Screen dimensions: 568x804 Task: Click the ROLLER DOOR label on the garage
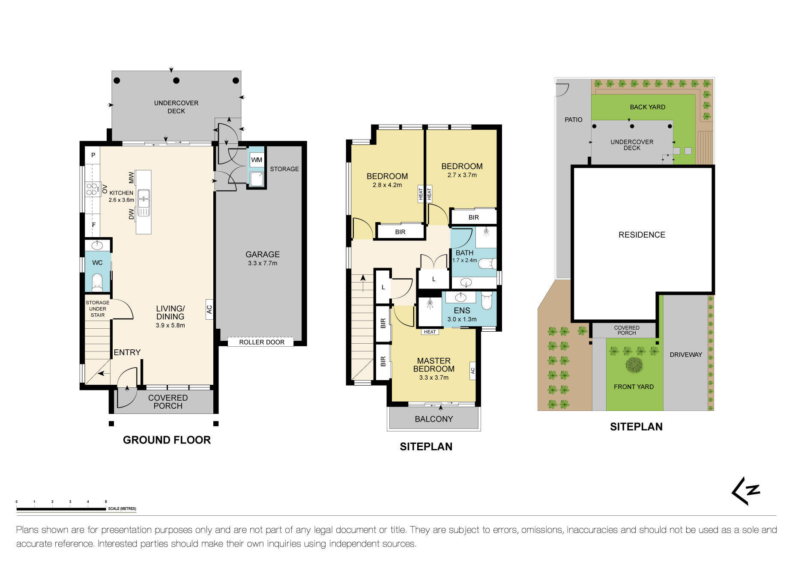pyautogui.click(x=261, y=342)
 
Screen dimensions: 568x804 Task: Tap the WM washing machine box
pyautogui.click(x=257, y=160)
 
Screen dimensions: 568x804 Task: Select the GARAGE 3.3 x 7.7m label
pyautogui.click(x=262, y=258)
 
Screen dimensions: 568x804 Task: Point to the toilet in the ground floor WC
pyautogui.click(x=97, y=282)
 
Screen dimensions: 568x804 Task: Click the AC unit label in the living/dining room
pyautogui.click(x=209, y=309)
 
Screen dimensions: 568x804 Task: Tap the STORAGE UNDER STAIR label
pyautogui.click(x=98, y=309)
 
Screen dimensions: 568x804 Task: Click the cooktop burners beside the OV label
pyautogui.click(x=92, y=189)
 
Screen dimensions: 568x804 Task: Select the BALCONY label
pyautogui.click(x=433, y=419)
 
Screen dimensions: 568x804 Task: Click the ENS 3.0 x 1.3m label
pyautogui.click(x=462, y=314)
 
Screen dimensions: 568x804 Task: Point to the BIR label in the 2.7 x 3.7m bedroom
pyautogui.click(x=473, y=217)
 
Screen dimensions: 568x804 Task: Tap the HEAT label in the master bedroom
pyautogui.click(x=430, y=332)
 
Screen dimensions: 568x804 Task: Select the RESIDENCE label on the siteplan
pyautogui.click(x=642, y=235)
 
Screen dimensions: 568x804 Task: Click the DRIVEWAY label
pyautogui.click(x=686, y=354)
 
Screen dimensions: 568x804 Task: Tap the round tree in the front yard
pyautogui.click(x=634, y=365)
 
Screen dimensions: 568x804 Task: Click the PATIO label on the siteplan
pyautogui.click(x=573, y=119)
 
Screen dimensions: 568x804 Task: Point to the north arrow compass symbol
pyautogui.click(x=746, y=491)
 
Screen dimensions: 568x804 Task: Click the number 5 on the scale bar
pyautogui.click(x=106, y=501)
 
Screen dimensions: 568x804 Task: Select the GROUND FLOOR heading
pyautogui.click(x=167, y=440)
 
